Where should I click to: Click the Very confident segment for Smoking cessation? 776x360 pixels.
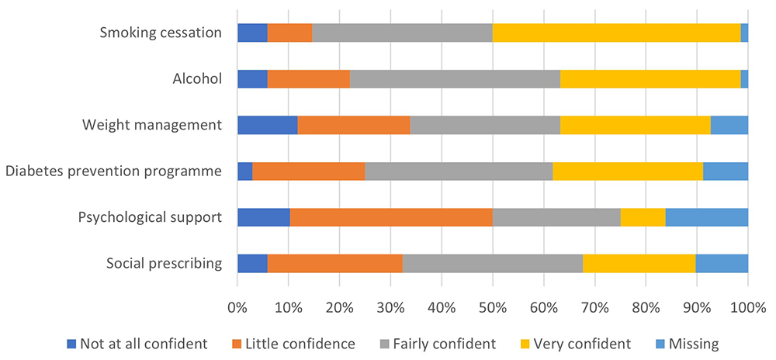click(x=617, y=33)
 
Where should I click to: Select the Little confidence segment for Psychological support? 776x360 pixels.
click(x=391, y=217)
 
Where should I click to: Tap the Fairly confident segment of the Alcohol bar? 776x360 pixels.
click(x=455, y=78)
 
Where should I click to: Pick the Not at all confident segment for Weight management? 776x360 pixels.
click(x=267, y=125)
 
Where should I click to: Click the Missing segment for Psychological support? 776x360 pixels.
click(x=706, y=217)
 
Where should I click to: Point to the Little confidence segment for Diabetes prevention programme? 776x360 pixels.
click(x=308, y=171)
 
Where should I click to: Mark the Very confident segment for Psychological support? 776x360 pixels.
click(x=643, y=217)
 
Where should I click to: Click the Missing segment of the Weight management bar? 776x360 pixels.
click(x=729, y=125)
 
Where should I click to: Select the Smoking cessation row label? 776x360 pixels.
click(x=161, y=33)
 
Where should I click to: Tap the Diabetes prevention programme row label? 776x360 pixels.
click(x=114, y=171)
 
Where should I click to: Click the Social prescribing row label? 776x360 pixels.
click(x=164, y=263)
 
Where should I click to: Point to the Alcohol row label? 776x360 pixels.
click(x=198, y=78)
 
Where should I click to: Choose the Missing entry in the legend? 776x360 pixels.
click(x=684, y=342)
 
